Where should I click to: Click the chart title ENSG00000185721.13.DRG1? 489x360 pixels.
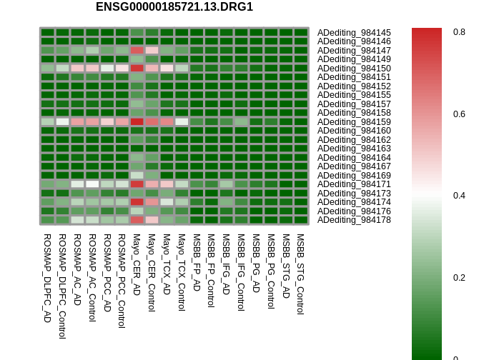pos(174,7)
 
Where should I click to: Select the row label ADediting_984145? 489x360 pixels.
pos(354,33)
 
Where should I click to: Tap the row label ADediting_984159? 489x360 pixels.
pos(354,122)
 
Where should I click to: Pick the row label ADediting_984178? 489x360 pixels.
pos(354,220)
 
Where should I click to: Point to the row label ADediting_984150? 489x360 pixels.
pos(354,69)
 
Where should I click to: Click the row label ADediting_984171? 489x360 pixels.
pos(354,184)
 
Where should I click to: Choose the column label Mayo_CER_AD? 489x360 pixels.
pos(137,264)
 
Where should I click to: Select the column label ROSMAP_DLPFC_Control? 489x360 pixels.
pos(62,286)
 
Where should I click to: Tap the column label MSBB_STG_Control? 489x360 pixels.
pos(300,274)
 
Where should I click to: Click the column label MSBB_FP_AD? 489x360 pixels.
pos(196,262)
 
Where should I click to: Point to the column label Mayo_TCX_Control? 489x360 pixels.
pos(181,272)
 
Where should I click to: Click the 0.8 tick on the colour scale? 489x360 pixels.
pos(459,32)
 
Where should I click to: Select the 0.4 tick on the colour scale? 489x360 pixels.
pos(459,196)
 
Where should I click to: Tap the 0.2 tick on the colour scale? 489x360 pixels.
pos(459,278)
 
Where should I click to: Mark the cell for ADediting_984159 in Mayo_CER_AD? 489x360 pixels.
pos(137,122)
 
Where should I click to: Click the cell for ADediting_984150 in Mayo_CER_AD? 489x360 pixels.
pos(137,69)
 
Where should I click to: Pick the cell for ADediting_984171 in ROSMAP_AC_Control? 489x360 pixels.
pos(92,184)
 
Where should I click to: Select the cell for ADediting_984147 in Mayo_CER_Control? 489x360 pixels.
pos(152,51)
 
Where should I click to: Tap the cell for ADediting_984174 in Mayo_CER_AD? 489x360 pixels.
pos(137,202)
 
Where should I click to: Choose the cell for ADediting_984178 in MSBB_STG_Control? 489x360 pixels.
pos(301,220)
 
